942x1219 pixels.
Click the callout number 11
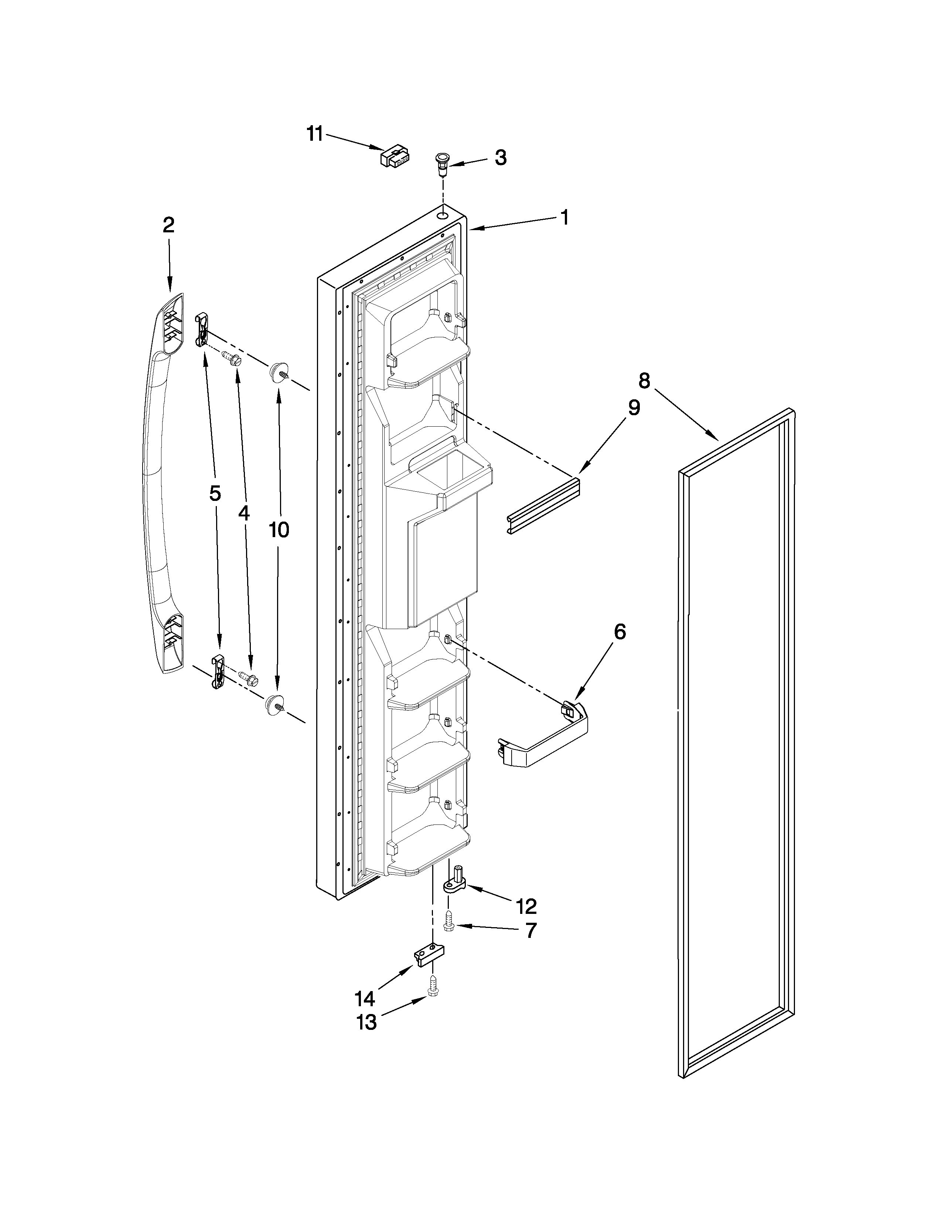pos(315,134)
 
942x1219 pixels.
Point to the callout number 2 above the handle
pos(168,225)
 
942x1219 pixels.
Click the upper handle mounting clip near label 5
pos(201,329)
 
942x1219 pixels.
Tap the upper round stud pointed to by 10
pos(277,371)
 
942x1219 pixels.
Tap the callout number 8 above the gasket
pos(644,380)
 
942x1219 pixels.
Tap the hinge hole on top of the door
pos(443,214)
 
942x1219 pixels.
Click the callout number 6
pos(620,632)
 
